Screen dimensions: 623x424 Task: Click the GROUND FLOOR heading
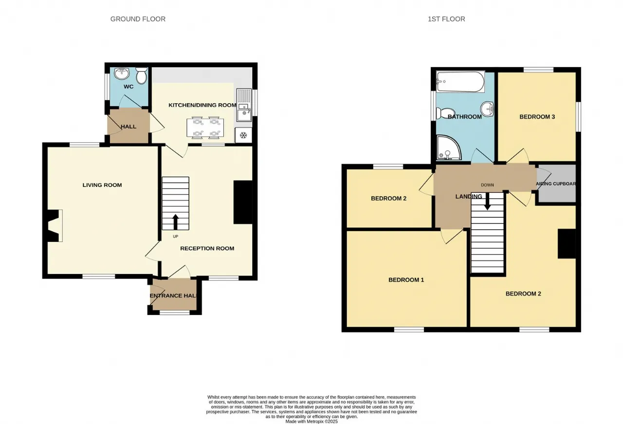[x=138, y=19]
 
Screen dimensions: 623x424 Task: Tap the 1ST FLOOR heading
[x=446, y=19]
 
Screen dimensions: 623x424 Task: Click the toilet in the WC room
[x=142, y=75]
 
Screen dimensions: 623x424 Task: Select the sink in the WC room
[x=122, y=74]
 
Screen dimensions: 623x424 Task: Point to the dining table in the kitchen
[x=205, y=128]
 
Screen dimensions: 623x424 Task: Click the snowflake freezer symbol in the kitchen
[x=243, y=135]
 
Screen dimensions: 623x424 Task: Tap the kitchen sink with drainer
[x=244, y=105]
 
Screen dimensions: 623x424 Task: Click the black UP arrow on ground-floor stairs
[x=176, y=222]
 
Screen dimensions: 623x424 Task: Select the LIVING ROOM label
[x=102, y=185]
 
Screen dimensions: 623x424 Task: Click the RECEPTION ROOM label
[x=207, y=248]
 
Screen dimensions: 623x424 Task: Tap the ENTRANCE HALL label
[x=173, y=296]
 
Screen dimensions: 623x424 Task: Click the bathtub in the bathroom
[x=460, y=82]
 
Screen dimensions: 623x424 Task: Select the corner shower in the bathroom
[x=449, y=147]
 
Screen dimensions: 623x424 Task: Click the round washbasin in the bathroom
[x=487, y=109]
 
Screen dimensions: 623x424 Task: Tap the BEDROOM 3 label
[x=537, y=117]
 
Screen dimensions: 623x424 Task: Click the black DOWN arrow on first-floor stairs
[x=487, y=202]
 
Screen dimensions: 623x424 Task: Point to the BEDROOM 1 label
[x=406, y=280]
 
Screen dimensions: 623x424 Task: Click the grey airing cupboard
[x=556, y=184]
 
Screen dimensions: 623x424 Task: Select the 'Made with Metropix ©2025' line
[x=311, y=422]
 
